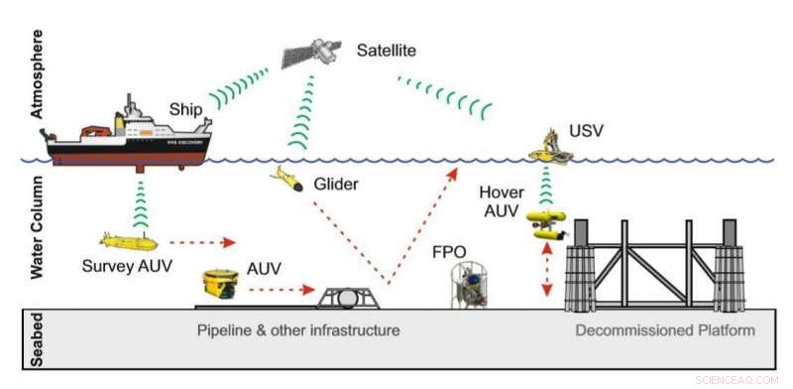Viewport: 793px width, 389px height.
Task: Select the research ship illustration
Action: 130,138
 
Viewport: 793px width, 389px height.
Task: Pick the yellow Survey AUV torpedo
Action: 129,241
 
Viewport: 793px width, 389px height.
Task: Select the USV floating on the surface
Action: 555,147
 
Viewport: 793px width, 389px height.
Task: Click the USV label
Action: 585,130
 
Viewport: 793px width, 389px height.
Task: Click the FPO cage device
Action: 471,285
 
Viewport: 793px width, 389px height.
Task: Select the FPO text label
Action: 448,252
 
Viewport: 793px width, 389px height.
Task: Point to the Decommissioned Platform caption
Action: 665,329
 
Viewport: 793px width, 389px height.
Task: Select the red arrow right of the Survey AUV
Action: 203,241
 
